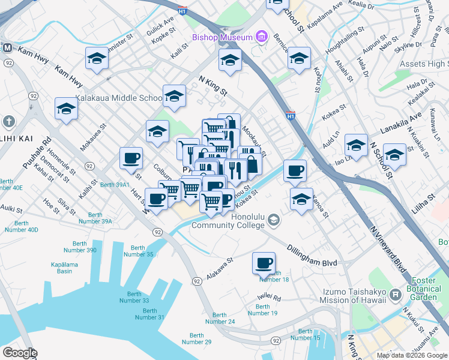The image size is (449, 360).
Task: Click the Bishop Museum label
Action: coord(222,37)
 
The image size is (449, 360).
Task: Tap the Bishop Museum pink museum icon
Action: coord(261,37)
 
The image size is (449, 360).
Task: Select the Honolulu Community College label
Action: coord(228,221)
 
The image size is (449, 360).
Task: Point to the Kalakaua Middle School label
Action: coord(118,98)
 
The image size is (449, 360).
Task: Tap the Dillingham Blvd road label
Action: coord(312,254)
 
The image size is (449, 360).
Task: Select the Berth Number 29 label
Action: coord(196,338)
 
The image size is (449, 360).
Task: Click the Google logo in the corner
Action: coord(19,353)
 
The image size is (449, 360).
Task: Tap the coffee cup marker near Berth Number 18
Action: coord(264,262)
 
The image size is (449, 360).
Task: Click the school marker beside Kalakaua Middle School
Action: coord(174,95)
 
